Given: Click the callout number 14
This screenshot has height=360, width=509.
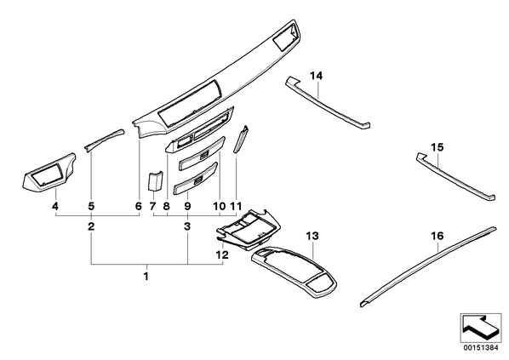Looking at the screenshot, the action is pyautogui.click(x=316, y=76).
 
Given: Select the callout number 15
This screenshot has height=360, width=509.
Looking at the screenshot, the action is pyautogui.click(x=437, y=147).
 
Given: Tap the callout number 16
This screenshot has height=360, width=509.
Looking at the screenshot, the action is pyautogui.click(x=438, y=236).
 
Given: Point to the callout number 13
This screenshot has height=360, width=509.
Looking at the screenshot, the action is pyautogui.click(x=312, y=236).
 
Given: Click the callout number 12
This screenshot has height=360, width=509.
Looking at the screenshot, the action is pyautogui.click(x=222, y=254).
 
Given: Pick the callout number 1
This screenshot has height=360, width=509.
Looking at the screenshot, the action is pyautogui.click(x=146, y=277).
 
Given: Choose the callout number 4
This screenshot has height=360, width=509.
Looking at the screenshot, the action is pyautogui.click(x=55, y=206).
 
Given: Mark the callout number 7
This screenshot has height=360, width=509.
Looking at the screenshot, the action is pyautogui.click(x=152, y=206).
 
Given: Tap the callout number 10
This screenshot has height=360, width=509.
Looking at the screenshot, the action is pyautogui.click(x=219, y=206).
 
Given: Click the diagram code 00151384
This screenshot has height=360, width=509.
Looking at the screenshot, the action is pyautogui.click(x=480, y=348).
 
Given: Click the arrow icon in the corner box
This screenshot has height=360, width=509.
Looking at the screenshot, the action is pyautogui.click(x=480, y=327).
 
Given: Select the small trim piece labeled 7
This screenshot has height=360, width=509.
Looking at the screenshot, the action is pyautogui.click(x=155, y=181).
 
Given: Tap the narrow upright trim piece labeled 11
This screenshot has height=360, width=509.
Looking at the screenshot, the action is pyautogui.click(x=241, y=140).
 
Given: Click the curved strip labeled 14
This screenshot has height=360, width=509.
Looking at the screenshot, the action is pyautogui.click(x=327, y=104).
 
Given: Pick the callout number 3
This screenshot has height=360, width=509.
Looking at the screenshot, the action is pyautogui.click(x=187, y=226).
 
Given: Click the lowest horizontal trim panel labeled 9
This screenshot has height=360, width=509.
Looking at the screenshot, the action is pyautogui.click(x=196, y=180).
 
